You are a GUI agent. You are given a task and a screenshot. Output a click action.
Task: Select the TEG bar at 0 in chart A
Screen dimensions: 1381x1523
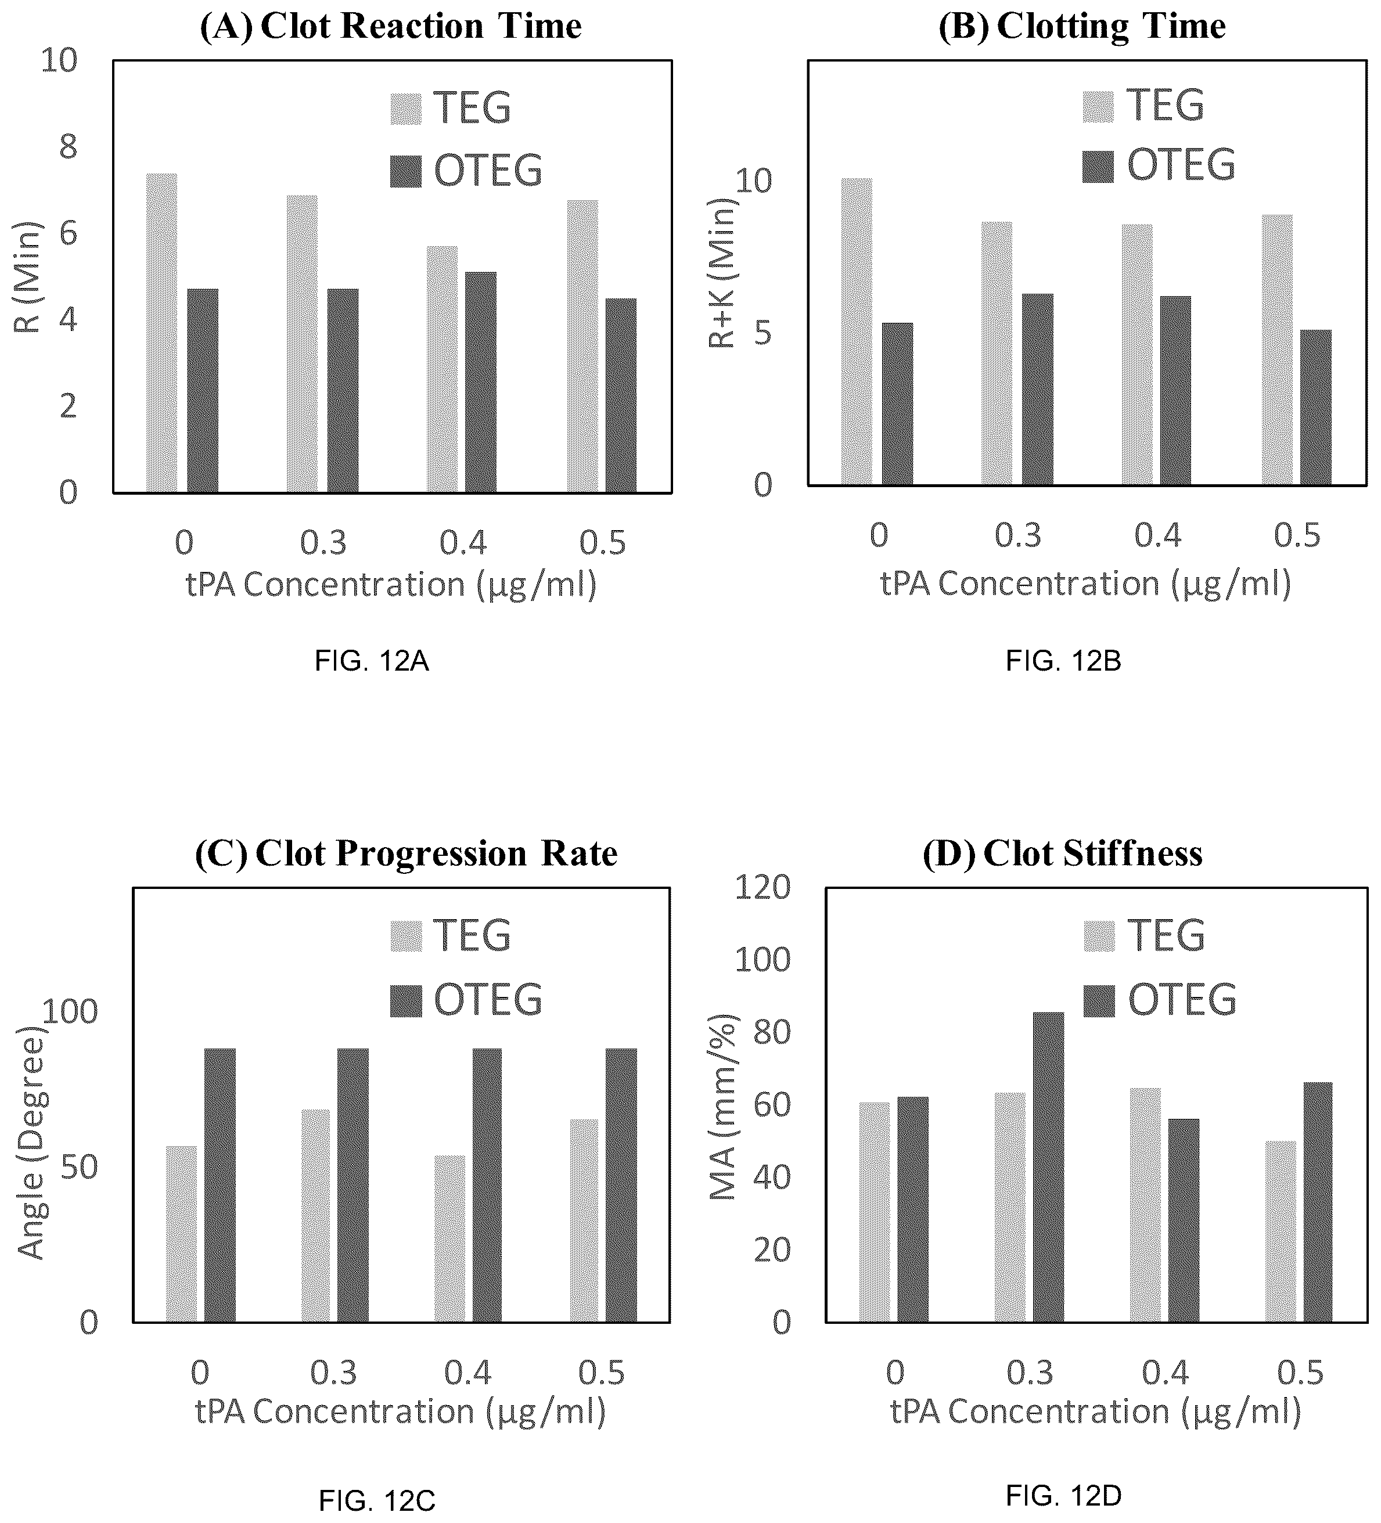161,333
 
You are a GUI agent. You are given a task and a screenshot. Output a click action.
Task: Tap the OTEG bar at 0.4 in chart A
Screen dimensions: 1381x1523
481,382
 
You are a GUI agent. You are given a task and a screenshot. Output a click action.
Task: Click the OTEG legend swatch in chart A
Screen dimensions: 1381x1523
406,171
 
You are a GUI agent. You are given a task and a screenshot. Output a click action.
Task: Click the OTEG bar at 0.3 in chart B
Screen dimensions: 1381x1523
1038,389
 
